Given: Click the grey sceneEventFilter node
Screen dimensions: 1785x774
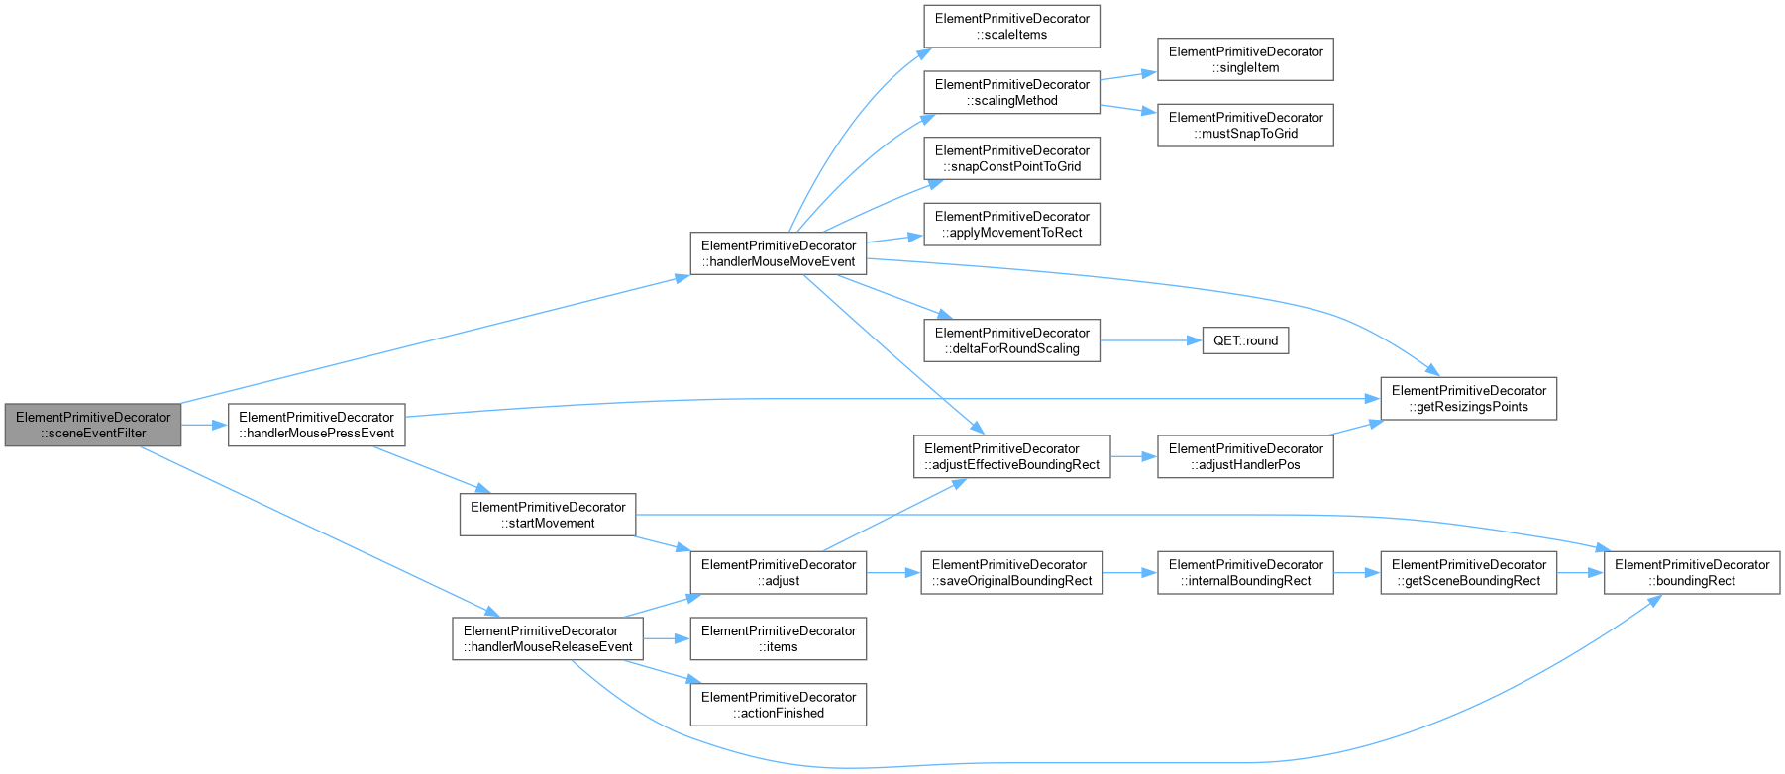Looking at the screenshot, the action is coord(93,425).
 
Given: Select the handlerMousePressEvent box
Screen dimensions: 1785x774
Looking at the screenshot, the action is coord(317,425).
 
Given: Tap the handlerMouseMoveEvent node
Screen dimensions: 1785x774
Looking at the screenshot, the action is coord(779,253).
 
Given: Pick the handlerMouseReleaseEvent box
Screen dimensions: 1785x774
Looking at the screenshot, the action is coord(548,638).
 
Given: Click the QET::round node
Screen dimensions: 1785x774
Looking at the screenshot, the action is coord(1245,340).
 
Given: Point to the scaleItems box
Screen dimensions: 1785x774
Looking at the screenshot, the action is coord(1011,26).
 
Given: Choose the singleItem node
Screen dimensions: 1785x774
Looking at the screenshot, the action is coord(1245,59).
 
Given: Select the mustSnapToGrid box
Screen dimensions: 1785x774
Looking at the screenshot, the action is coord(1245,125).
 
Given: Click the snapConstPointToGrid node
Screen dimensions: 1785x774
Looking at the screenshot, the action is coord(1011,158).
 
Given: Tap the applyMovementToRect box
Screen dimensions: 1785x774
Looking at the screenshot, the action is coord(1011,224).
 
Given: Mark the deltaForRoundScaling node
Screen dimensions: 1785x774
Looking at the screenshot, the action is coord(1011,340).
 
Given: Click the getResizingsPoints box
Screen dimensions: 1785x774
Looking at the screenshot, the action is coord(1469,398).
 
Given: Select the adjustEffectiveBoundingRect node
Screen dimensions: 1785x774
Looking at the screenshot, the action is coord(1011,456).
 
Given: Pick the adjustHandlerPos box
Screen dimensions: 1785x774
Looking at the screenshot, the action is coord(1245,456).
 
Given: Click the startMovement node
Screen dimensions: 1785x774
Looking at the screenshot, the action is coord(548,515).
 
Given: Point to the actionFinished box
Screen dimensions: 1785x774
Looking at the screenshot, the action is coord(779,705).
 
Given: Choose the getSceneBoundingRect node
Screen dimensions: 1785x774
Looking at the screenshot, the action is coord(1469,572).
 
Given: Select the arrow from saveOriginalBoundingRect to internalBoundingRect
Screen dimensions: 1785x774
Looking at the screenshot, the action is coord(1130,572).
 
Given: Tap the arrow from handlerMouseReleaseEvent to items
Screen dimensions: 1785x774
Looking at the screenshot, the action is coord(667,638).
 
